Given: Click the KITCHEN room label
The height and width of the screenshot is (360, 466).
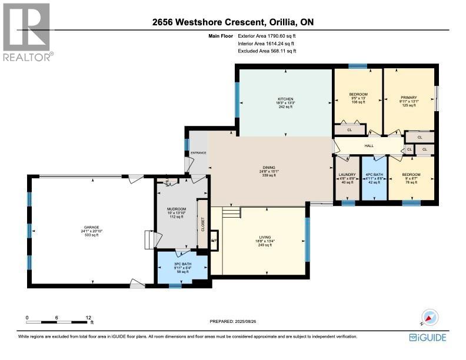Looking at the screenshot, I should click(285, 99).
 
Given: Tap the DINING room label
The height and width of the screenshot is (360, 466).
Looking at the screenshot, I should click(269, 168).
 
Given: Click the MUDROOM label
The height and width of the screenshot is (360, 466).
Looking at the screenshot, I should click(177, 209).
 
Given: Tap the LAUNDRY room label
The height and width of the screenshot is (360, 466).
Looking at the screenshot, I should click(347, 175).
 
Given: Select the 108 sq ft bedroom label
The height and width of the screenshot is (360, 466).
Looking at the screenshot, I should click(358, 95).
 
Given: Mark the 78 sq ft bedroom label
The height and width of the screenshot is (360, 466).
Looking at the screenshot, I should click(411, 175).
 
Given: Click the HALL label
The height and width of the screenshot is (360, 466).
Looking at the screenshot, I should click(369, 145).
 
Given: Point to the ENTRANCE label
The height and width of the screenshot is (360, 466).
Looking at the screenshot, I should click(198, 152).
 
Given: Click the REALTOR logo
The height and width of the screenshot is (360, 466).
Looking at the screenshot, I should click(27, 32).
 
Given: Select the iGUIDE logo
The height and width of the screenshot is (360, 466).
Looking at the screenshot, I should click(427, 337).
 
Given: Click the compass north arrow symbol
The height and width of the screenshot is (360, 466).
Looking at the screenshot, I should click(430, 318).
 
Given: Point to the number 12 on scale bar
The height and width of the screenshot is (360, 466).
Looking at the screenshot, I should click(88, 317).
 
